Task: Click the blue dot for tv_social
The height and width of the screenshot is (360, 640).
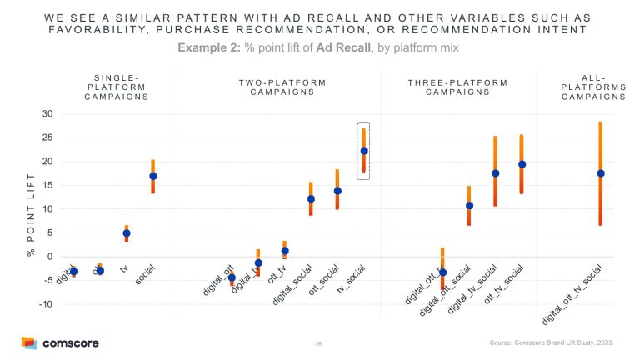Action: (363, 151)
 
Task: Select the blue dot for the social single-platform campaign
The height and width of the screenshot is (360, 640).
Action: (152, 176)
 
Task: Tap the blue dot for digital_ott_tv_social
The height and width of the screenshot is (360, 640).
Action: (600, 173)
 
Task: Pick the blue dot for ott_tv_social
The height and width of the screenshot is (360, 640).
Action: (522, 164)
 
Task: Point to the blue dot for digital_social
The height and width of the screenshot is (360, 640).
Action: (311, 199)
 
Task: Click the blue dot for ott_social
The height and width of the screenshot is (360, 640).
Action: (337, 191)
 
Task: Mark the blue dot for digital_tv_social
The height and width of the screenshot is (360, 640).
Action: (495, 173)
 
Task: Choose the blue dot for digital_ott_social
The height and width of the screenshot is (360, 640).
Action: (469, 205)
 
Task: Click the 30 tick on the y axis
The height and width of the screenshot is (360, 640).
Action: (47, 113)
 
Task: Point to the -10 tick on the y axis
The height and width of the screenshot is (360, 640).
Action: (45, 304)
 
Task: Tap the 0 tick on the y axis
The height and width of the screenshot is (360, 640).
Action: (49, 257)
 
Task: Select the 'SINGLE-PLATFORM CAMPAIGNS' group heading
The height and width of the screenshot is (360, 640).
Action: (117, 87)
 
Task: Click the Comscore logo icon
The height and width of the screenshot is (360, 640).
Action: (29, 343)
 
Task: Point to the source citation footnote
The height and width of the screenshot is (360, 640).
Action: (552, 343)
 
